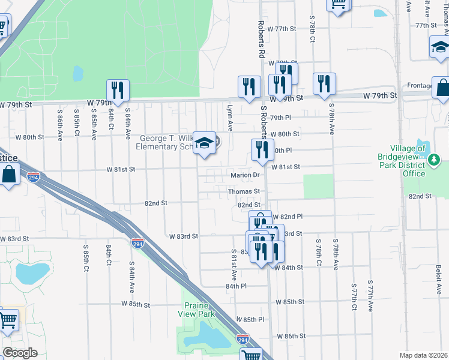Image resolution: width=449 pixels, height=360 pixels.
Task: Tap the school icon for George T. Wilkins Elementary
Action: (x=205, y=143)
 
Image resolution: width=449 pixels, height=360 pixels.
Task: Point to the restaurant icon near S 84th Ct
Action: (x=118, y=90)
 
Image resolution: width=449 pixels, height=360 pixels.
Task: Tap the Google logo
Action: (x=20, y=353)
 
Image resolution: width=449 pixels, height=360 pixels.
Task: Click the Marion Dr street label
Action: (x=244, y=176)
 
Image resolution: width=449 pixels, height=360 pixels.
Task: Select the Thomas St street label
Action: (x=243, y=191)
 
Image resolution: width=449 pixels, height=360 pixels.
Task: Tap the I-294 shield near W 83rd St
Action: (x=137, y=243)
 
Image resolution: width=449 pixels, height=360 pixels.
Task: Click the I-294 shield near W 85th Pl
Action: (x=243, y=339)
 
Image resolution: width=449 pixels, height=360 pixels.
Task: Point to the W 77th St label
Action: (x=282, y=29)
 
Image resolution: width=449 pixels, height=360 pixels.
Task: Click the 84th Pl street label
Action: (x=236, y=286)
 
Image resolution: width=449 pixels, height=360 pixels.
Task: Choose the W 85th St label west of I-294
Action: (x=135, y=304)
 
